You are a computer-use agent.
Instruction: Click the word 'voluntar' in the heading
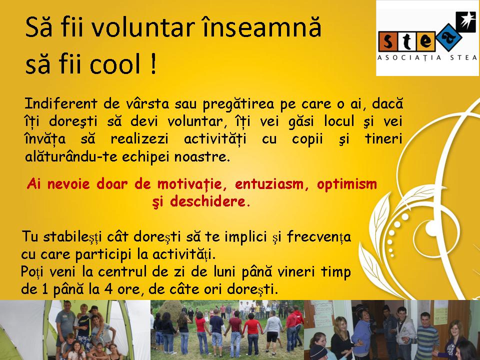[x=143, y=27]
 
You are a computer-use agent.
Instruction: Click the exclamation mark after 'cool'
[x=153, y=63]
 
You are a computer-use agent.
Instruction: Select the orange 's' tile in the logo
[x=388, y=41]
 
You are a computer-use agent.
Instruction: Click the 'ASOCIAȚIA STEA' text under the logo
[x=427, y=58]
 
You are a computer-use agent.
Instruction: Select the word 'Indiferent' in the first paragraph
[x=61, y=103]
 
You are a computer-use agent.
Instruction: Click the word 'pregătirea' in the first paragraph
[x=239, y=104]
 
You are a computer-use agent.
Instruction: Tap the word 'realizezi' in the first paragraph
[x=139, y=139]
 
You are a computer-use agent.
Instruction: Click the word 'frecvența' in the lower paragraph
[x=318, y=237]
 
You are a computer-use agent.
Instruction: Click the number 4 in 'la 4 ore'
[x=108, y=289]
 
